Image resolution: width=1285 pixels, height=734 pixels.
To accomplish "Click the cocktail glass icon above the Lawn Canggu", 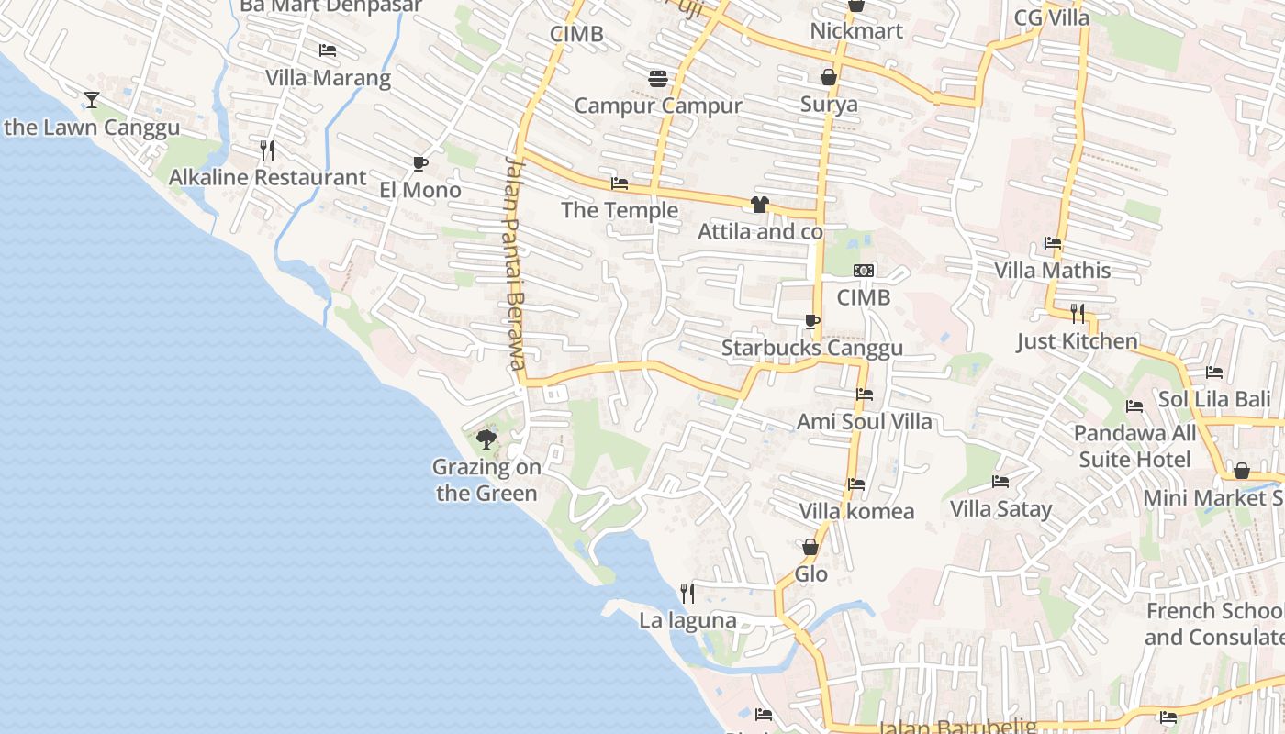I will pos(92,99).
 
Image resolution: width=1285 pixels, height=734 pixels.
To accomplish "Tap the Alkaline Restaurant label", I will pos(267,177).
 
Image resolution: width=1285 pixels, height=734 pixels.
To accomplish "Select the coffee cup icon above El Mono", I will pos(419,163).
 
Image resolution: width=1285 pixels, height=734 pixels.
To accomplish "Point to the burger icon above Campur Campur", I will pos(657,79).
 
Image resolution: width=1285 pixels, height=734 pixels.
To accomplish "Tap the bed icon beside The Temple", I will pos(620,183).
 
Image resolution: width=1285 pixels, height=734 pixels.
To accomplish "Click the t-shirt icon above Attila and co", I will pos(759,205).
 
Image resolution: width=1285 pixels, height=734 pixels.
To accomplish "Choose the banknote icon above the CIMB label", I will pos(864,271).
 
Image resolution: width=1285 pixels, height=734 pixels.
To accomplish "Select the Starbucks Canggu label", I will pos(811,348).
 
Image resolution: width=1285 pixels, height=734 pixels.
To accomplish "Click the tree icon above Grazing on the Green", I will pos(486,439).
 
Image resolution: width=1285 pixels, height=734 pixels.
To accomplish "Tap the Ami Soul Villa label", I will pos(865,421).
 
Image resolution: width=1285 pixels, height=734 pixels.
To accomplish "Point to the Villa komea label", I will pos(856,511).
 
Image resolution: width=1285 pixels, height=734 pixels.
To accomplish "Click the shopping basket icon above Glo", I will pos(810,547).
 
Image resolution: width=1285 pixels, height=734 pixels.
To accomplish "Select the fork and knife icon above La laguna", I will pos(687,594).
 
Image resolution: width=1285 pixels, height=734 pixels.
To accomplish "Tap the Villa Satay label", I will pos(1000,508).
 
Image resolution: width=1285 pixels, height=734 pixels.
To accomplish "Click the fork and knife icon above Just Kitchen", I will pos(1078,314).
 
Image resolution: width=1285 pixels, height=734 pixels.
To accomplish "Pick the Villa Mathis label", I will pos(1053,271).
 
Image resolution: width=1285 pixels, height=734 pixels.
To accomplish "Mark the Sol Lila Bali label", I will pos(1214,399).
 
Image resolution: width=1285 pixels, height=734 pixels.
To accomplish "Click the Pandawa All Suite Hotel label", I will pos(1135,446).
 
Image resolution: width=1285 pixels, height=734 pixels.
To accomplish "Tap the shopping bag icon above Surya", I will pos(829,77).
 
